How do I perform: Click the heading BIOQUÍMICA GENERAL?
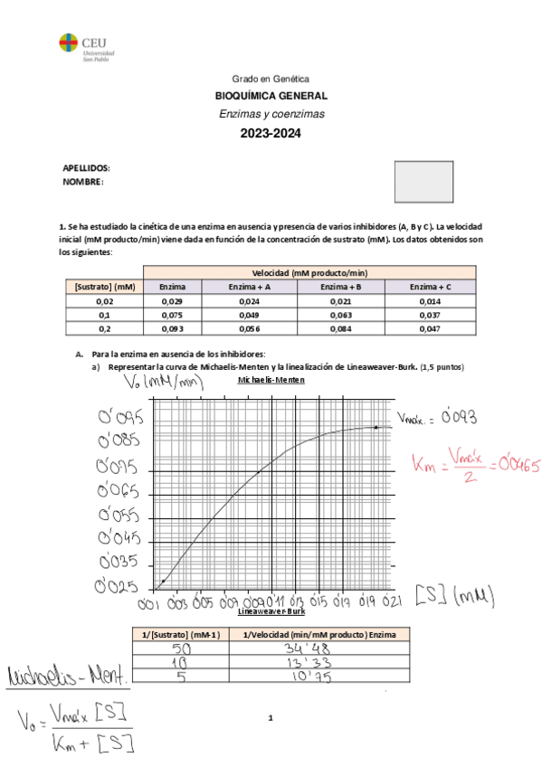[271, 96]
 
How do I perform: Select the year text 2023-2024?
[270, 133]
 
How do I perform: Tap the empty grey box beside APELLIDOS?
[423, 181]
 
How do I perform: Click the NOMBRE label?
[83, 181]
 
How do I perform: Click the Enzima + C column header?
[430, 287]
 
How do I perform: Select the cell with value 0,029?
[172, 300]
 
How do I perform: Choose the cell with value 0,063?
[339, 315]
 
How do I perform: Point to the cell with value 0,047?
[430, 329]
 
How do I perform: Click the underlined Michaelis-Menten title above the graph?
[271, 381]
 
